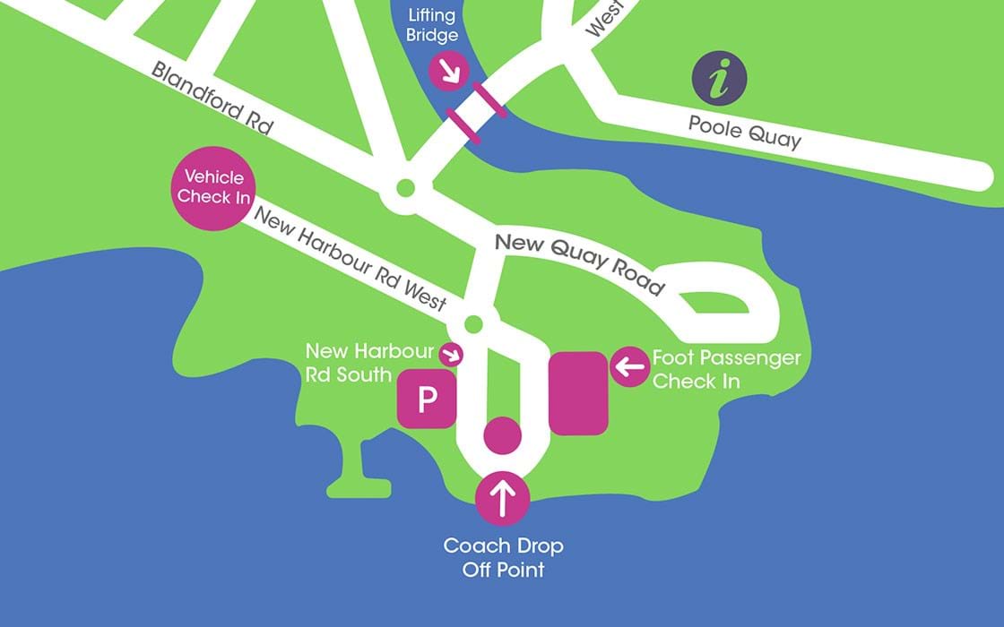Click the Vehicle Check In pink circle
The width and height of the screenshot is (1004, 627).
(213, 188)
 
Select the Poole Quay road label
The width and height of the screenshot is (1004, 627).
(744, 131)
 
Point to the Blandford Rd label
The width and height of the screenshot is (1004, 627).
(212, 98)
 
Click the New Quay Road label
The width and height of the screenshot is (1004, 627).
(580, 263)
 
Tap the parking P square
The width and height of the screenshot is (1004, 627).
(428, 398)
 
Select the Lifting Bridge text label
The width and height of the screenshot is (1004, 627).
(433, 26)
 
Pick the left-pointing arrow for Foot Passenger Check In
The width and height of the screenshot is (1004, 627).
(630, 365)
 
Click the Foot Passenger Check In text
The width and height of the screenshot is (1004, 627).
(726, 369)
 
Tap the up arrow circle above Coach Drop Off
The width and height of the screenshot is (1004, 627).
(502, 498)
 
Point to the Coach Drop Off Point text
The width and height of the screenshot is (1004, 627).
(503, 557)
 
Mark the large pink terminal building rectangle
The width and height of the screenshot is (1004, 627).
(579, 393)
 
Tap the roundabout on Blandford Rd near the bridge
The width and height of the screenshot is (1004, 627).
(404, 189)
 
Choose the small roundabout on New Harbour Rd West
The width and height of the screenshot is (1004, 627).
(474, 322)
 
